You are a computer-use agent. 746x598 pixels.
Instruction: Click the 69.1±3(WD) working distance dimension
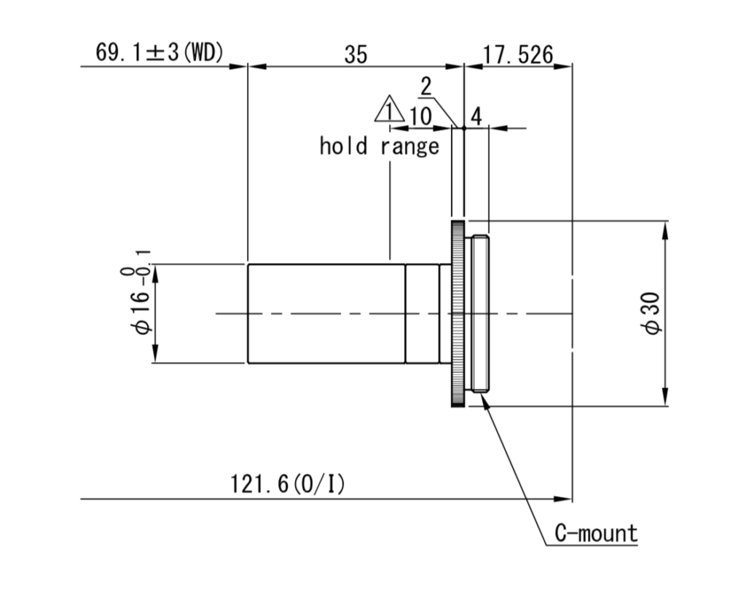point(160,52)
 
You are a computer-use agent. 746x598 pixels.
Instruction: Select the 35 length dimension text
point(356,55)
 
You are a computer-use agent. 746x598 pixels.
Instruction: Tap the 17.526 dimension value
point(518,55)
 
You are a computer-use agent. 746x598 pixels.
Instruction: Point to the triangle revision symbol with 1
point(389,109)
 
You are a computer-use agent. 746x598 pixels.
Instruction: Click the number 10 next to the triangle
point(420,116)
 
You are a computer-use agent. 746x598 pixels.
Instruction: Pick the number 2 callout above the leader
point(425,87)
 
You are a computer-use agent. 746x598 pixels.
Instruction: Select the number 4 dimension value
point(476,116)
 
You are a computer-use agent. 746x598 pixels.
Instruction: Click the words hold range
point(379,146)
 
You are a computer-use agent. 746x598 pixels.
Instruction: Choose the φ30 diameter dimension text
point(651,313)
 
